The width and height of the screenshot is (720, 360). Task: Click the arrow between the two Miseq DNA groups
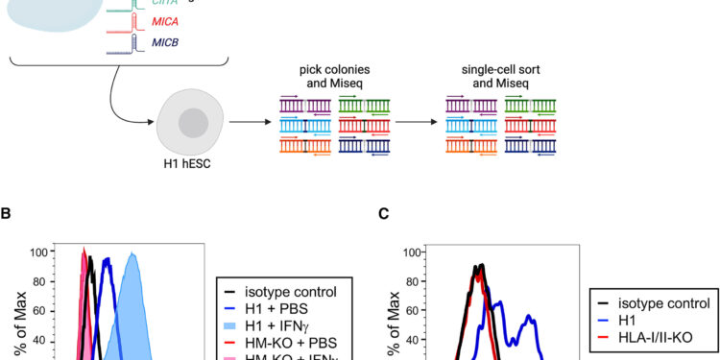pos(415,123)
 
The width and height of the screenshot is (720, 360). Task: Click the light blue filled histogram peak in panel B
pos(133,256)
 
